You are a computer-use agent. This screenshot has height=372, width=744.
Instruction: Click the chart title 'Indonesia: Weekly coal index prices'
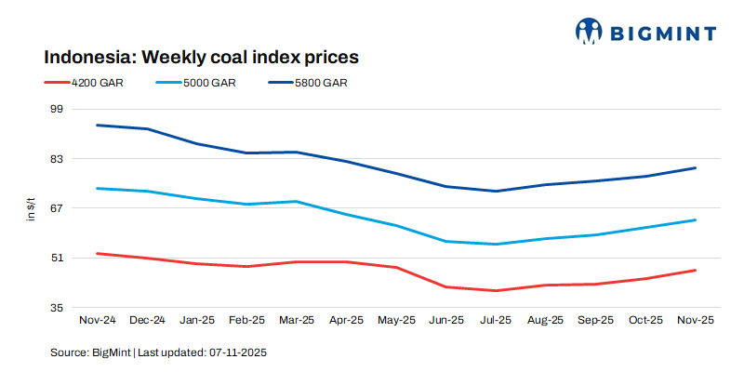tap(201, 57)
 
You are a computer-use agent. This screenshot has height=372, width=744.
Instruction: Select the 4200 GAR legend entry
tap(97, 83)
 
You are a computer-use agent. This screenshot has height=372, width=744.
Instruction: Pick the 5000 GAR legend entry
tap(210, 83)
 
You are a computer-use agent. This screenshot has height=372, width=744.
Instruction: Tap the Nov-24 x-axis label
tap(97, 320)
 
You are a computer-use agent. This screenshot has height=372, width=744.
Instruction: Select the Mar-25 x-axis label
tap(297, 320)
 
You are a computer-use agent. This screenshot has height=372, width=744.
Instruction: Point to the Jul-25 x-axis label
tap(496, 320)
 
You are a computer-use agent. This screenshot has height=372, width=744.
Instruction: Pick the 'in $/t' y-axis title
tap(30, 209)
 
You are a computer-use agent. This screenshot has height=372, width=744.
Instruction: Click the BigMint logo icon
tap(590, 32)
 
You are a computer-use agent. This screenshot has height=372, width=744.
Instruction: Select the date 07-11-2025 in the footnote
tap(237, 353)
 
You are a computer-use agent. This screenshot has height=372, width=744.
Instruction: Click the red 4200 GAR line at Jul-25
tap(496, 290)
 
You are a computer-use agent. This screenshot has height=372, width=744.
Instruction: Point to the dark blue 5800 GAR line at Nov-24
tap(97, 125)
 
